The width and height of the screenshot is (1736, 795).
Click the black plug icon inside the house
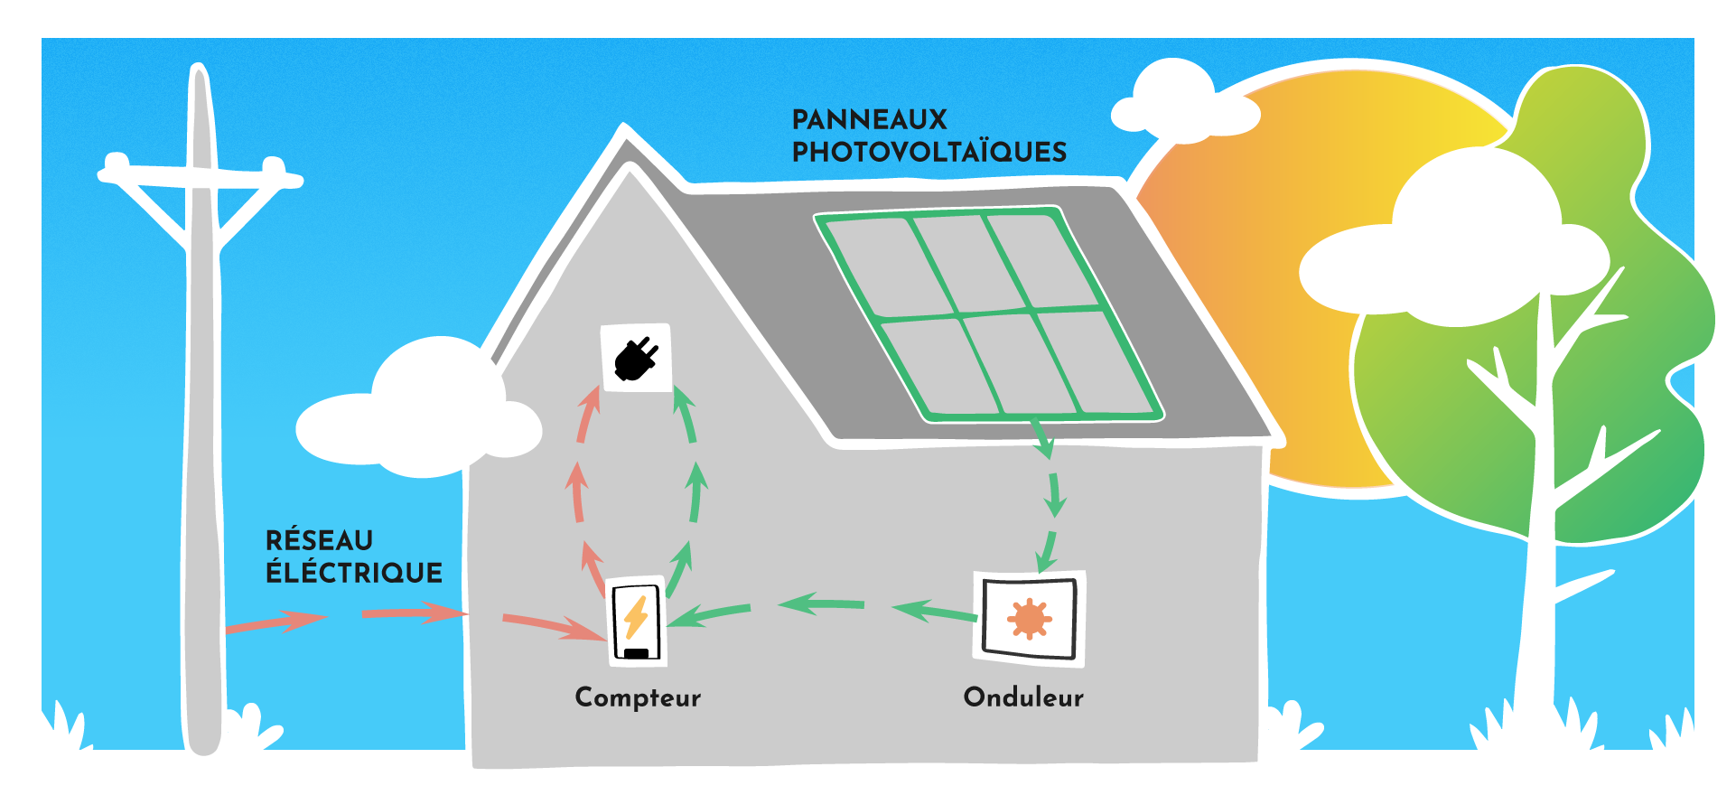coord(636,358)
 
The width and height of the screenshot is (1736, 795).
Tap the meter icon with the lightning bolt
coord(637,622)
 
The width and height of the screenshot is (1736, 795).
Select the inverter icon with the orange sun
coord(1029,619)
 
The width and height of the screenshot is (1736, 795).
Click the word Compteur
coord(638,697)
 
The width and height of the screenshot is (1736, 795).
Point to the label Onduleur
coord(1023,697)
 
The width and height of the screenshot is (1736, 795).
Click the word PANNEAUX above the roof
coord(869,119)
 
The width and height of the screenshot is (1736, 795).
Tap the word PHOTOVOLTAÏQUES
coord(929,152)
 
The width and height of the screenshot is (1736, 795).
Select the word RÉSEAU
coord(319,540)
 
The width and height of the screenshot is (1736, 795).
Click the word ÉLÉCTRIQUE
coord(353,573)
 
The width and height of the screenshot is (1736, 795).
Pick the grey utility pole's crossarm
coord(201,178)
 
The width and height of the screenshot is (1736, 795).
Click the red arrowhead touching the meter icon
coord(587,631)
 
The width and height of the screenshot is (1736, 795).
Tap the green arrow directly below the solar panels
coord(1042,439)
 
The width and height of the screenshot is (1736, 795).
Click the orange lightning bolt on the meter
coord(636,617)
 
